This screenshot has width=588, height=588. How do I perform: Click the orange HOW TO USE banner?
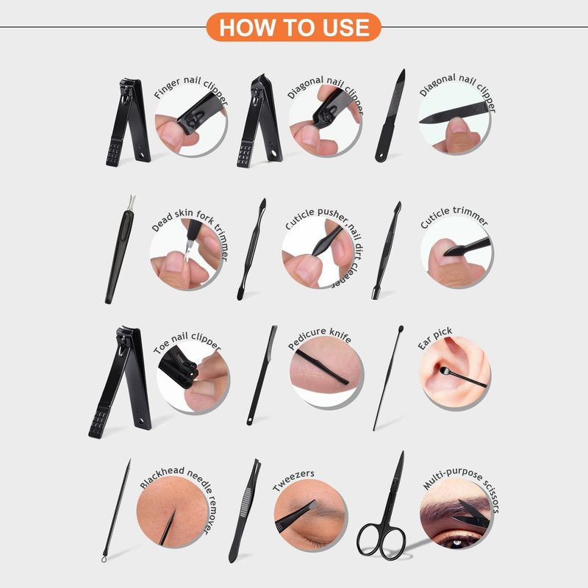pos(293,27)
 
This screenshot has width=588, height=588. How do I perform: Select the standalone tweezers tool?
pos(245,510)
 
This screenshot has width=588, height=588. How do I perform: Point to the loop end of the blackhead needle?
pos(104,559)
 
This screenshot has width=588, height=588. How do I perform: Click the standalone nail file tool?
pos(390,116)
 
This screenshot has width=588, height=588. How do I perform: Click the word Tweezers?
pos(293,481)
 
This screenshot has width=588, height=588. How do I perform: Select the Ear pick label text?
pos(435,338)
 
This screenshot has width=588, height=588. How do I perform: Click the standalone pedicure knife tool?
pos(262,375)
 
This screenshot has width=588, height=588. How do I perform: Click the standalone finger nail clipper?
pos(128,122)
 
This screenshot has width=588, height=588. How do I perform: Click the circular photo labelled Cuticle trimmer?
pos(456,252)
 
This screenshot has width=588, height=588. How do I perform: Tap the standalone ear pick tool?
pos(388,378)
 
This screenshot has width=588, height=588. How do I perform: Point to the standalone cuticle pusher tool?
pos(251,249)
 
